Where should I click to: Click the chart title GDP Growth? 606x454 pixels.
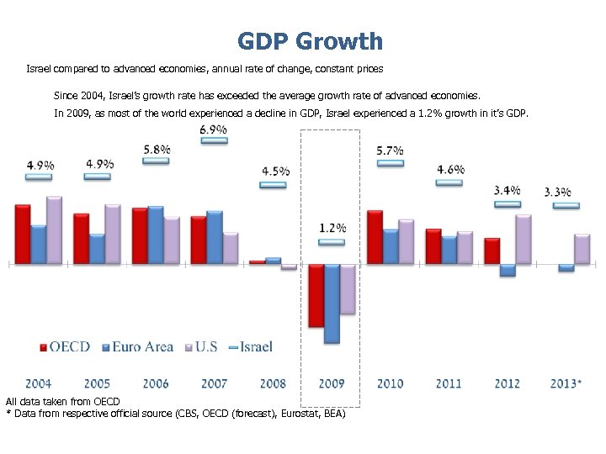point(310,41)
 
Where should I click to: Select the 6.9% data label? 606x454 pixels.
point(214,129)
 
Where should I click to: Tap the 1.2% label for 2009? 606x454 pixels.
point(332,228)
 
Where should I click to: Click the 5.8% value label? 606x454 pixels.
point(157,149)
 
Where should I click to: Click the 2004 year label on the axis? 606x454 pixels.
point(39,383)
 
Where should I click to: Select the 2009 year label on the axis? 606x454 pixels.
point(332,383)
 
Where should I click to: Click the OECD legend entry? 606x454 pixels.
point(65,346)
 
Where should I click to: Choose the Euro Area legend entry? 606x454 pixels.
point(137,346)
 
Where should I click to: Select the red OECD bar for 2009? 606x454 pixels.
point(316,295)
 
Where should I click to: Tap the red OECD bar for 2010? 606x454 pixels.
point(375,237)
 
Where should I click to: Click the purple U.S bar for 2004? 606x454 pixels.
point(54,230)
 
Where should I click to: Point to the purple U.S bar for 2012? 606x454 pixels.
point(523,240)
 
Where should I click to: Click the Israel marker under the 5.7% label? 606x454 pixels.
point(391,163)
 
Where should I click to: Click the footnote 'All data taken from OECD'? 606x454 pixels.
point(63,402)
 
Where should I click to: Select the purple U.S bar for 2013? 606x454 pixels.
point(582,249)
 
